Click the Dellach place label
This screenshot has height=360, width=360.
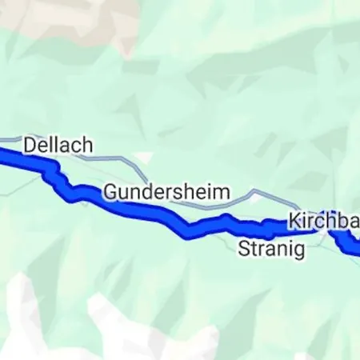click(58, 146)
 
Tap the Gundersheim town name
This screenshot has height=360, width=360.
click(166, 193)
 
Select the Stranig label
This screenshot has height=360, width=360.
click(272, 250)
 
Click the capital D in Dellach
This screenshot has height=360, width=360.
click(30, 146)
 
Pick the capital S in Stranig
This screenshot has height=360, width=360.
click(244, 250)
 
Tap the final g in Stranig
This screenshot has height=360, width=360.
click(299, 251)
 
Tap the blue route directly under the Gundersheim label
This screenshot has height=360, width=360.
click(160, 215)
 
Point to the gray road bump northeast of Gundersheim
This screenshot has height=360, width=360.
click(254, 192)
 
